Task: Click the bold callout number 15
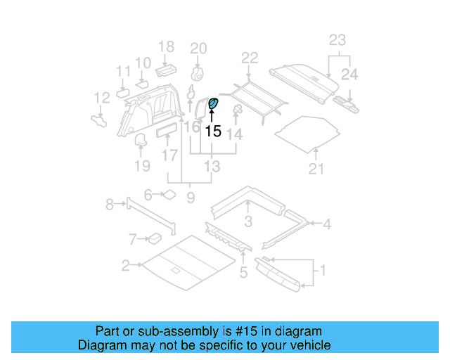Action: tap(213, 131)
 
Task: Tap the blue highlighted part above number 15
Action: tap(213, 105)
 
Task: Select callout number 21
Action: tap(317, 168)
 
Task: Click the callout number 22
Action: tap(250, 58)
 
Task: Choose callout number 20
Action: tap(198, 48)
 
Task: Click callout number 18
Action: tap(166, 47)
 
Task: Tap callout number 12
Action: tap(102, 98)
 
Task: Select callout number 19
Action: tap(142, 166)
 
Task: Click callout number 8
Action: tap(109, 205)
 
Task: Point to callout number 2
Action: tap(125, 266)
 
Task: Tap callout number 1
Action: tap(323, 269)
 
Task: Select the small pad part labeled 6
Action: tap(169, 195)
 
